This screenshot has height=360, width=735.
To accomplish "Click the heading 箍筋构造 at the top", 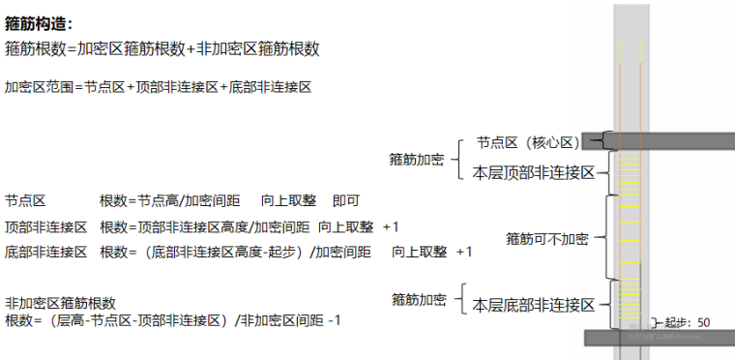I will (39, 24).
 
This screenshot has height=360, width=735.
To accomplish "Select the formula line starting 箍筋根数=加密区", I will (162, 48).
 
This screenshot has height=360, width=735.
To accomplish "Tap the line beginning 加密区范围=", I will (158, 87).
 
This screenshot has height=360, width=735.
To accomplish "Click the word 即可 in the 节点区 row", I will (346, 201).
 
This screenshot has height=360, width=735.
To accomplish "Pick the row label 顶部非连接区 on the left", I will (45, 226).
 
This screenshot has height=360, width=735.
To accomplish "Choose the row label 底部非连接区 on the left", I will (45, 252).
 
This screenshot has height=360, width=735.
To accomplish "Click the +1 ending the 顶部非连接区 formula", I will (391, 226).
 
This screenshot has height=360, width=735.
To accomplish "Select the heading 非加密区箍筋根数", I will (60, 303).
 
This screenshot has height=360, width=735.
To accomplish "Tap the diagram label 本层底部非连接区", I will (532, 305).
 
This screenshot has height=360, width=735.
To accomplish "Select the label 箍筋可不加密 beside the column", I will (546, 237).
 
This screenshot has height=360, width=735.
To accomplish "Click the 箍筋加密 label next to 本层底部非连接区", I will (418, 298).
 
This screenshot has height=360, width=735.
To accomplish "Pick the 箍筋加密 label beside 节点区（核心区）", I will (416, 158).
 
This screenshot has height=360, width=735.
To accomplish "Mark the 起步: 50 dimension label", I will (689, 322).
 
